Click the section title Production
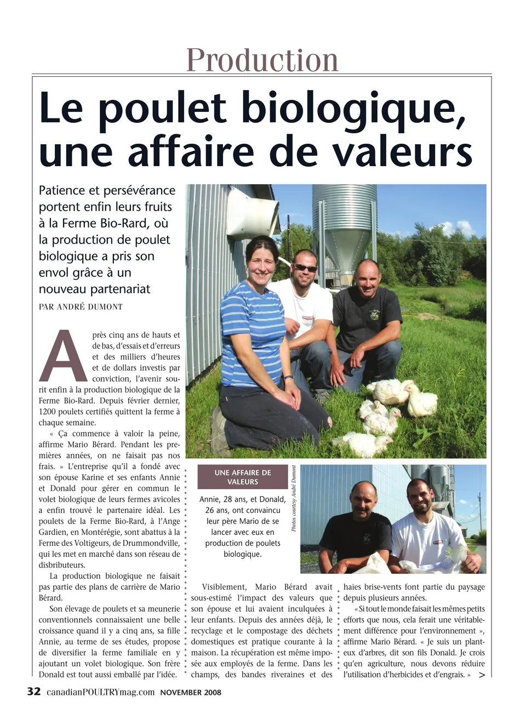tap(262, 60)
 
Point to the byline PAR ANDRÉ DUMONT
tap(81, 307)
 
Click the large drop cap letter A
tap(63, 356)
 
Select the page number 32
tap(34, 692)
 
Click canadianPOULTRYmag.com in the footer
tap(100, 692)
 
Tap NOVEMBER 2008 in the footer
tap(191, 692)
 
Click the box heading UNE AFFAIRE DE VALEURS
tap(243, 477)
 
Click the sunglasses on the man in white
tap(305, 268)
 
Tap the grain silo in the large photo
tap(344, 225)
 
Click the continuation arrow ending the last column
tap(482, 675)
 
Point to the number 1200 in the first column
tap(48, 411)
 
